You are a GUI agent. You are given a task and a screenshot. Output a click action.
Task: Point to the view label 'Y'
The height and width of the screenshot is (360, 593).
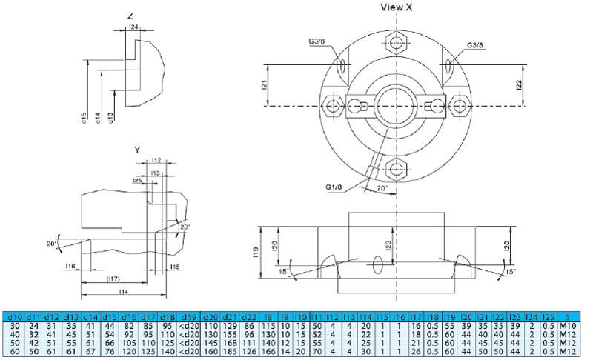(x=137, y=150)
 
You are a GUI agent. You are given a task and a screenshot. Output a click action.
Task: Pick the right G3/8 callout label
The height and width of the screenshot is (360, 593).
(x=475, y=46)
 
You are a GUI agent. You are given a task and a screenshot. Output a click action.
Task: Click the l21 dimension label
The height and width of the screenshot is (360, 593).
(x=263, y=85)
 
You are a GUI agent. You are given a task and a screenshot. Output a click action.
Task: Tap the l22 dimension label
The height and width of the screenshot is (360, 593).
(x=519, y=85)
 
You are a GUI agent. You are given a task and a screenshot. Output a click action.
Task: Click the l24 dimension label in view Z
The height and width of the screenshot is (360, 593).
(x=133, y=27)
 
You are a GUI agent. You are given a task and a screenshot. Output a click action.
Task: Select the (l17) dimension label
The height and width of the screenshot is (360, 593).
(x=113, y=279)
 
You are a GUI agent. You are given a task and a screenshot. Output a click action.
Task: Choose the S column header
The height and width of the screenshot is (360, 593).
(x=566, y=317)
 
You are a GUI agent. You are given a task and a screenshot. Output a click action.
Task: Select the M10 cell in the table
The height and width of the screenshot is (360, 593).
(x=566, y=325)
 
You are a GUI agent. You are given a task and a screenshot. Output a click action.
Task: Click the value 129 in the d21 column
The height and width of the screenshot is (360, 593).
(x=230, y=325)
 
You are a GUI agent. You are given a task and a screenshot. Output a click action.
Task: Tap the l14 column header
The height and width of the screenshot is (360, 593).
(x=365, y=317)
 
